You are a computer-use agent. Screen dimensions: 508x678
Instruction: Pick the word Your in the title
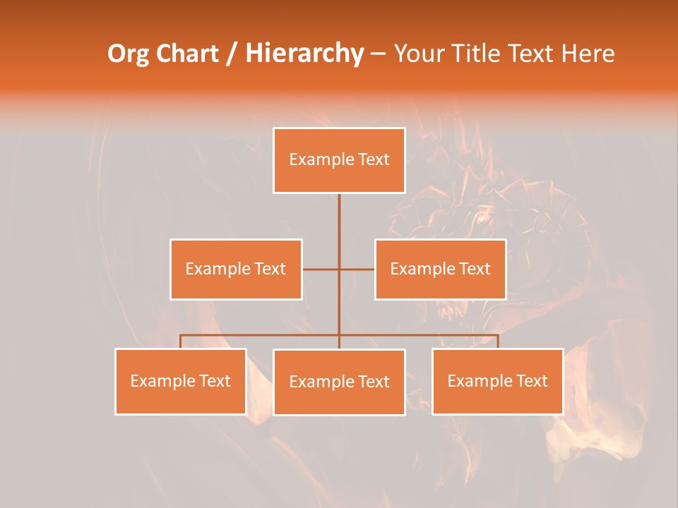pos(419,54)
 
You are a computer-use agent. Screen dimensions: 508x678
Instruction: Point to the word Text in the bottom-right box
pos(532,382)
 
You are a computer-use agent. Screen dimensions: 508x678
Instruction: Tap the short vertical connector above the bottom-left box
pos(181,341)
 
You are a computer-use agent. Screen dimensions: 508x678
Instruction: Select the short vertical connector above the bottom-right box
pos(498,341)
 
